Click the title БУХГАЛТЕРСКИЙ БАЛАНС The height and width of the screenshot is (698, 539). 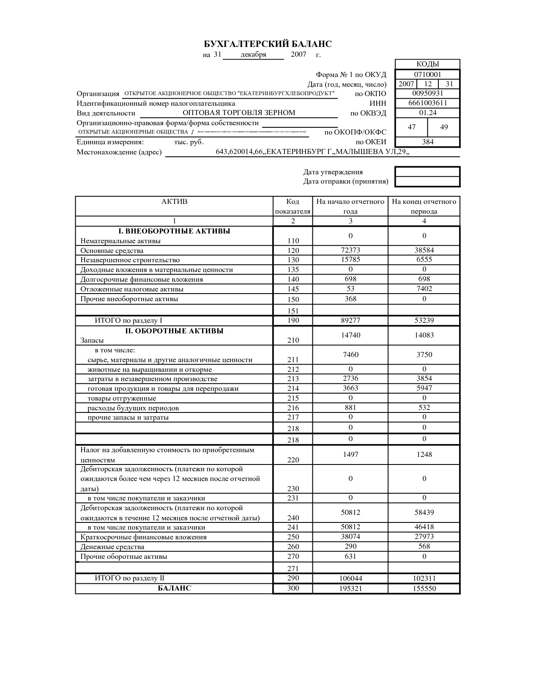[268, 44]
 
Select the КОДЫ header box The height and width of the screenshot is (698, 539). [427, 64]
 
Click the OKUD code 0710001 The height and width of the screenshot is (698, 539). [427, 74]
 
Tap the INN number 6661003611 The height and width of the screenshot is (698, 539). [427, 103]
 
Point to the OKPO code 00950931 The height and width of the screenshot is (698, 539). [427, 93]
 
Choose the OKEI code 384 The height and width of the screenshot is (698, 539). [427, 142]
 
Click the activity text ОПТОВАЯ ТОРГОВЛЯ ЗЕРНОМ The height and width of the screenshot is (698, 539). [239, 113]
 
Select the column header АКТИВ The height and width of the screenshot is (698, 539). [174, 201]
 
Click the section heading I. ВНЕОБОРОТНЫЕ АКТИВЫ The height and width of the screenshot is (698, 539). [174, 231]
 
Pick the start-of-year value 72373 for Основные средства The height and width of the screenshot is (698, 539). [350, 250]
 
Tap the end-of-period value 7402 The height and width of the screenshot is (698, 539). [424, 289]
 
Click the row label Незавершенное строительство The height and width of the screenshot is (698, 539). [130, 260]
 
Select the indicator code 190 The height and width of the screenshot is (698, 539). [293, 320]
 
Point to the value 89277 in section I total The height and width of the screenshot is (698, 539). [350, 321]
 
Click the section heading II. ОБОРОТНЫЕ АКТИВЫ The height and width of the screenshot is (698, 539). [174, 331]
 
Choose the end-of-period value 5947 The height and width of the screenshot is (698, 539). [424, 388]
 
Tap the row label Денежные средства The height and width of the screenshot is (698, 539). [112, 547]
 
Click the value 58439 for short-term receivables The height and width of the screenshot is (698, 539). [424, 512]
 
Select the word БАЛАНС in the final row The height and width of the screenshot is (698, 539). [174, 588]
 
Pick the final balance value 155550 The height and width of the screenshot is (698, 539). [424, 588]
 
